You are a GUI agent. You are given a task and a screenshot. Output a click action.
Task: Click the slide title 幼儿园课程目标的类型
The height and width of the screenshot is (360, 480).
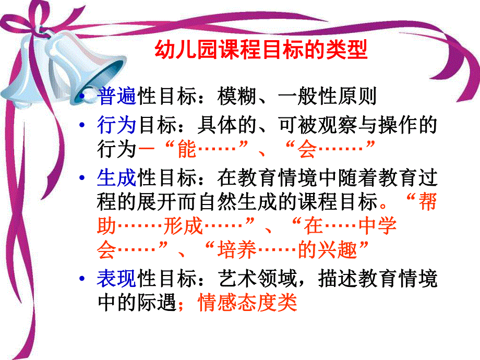261,51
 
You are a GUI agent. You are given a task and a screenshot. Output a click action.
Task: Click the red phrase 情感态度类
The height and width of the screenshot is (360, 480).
247,303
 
